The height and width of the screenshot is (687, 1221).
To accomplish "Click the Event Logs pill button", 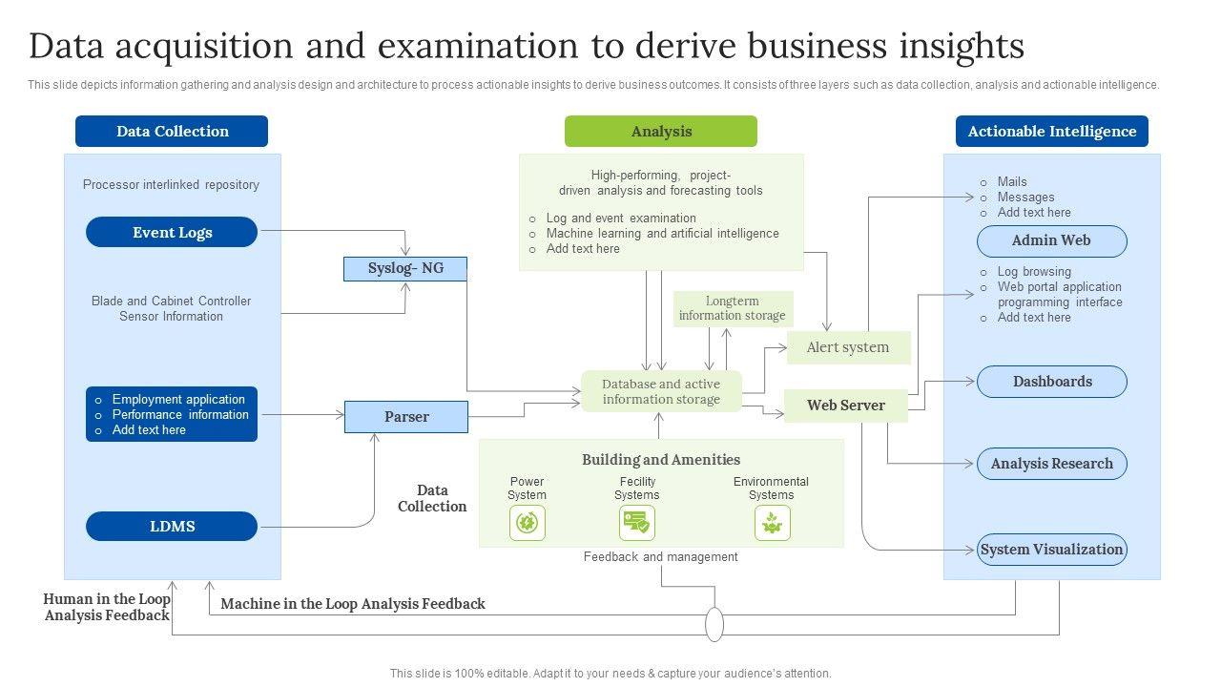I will tap(172, 232).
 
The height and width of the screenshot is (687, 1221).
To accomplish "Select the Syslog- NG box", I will tap(405, 268).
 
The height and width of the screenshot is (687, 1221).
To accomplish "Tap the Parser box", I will tap(406, 417).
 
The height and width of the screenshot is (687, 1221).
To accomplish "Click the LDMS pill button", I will tap(172, 526).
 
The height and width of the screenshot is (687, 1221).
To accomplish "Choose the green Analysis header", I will tap(661, 132).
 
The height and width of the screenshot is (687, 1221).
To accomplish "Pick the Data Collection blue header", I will tap(172, 132).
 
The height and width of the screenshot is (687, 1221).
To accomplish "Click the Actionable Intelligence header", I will tap(1051, 132).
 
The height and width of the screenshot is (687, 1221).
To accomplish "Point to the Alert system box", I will tap(848, 347).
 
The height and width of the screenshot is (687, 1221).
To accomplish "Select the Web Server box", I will tap(845, 406).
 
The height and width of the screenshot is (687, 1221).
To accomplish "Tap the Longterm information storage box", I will tap(733, 309).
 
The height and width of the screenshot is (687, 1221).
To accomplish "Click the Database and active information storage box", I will tap(661, 392).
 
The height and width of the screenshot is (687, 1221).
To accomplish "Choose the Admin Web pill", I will tap(1051, 240).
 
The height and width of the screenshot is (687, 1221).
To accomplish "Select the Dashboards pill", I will tap(1051, 382).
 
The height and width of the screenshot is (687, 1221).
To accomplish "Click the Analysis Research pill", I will tap(1051, 464).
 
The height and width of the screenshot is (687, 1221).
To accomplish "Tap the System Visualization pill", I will tap(1051, 550).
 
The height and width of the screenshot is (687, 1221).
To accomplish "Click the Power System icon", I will tap(527, 523).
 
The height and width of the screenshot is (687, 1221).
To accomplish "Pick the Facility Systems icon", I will tap(636, 523).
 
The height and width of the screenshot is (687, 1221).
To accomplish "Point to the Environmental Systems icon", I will tap(772, 523).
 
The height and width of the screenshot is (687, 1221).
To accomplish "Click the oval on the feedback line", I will tap(714, 624).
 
